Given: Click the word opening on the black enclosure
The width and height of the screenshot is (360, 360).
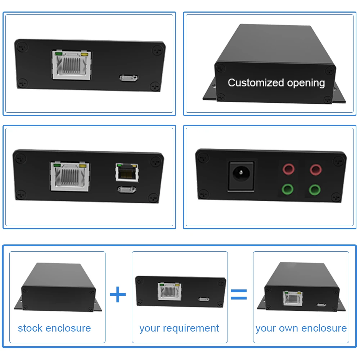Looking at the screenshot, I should (x=306, y=83).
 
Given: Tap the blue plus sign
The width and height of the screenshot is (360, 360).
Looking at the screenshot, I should (x=118, y=295).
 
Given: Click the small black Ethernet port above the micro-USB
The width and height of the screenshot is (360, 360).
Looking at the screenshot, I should (x=126, y=172).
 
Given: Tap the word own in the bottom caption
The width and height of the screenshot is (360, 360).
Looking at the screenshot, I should (x=289, y=328).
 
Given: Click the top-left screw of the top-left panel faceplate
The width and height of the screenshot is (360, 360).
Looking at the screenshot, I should (x=23, y=46).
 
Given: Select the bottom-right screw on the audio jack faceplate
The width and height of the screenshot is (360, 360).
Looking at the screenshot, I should (x=336, y=196).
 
